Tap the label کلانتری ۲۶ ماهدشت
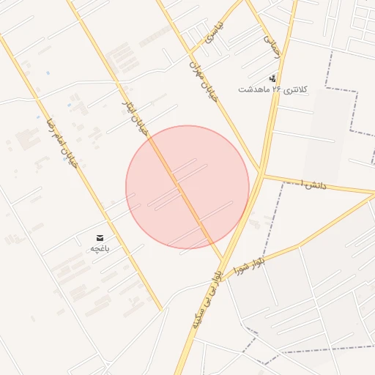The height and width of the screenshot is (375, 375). (x=272, y=89)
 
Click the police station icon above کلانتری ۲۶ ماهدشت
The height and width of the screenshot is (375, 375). (x=273, y=78)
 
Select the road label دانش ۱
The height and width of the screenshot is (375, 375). (x=313, y=184)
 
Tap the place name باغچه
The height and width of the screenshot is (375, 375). (x=100, y=249)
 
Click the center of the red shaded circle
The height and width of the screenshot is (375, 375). (x=187, y=187)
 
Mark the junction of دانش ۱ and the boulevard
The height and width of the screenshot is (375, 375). (x=262, y=174)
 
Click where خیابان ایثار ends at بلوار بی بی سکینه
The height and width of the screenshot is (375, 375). (x=222, y=258)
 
